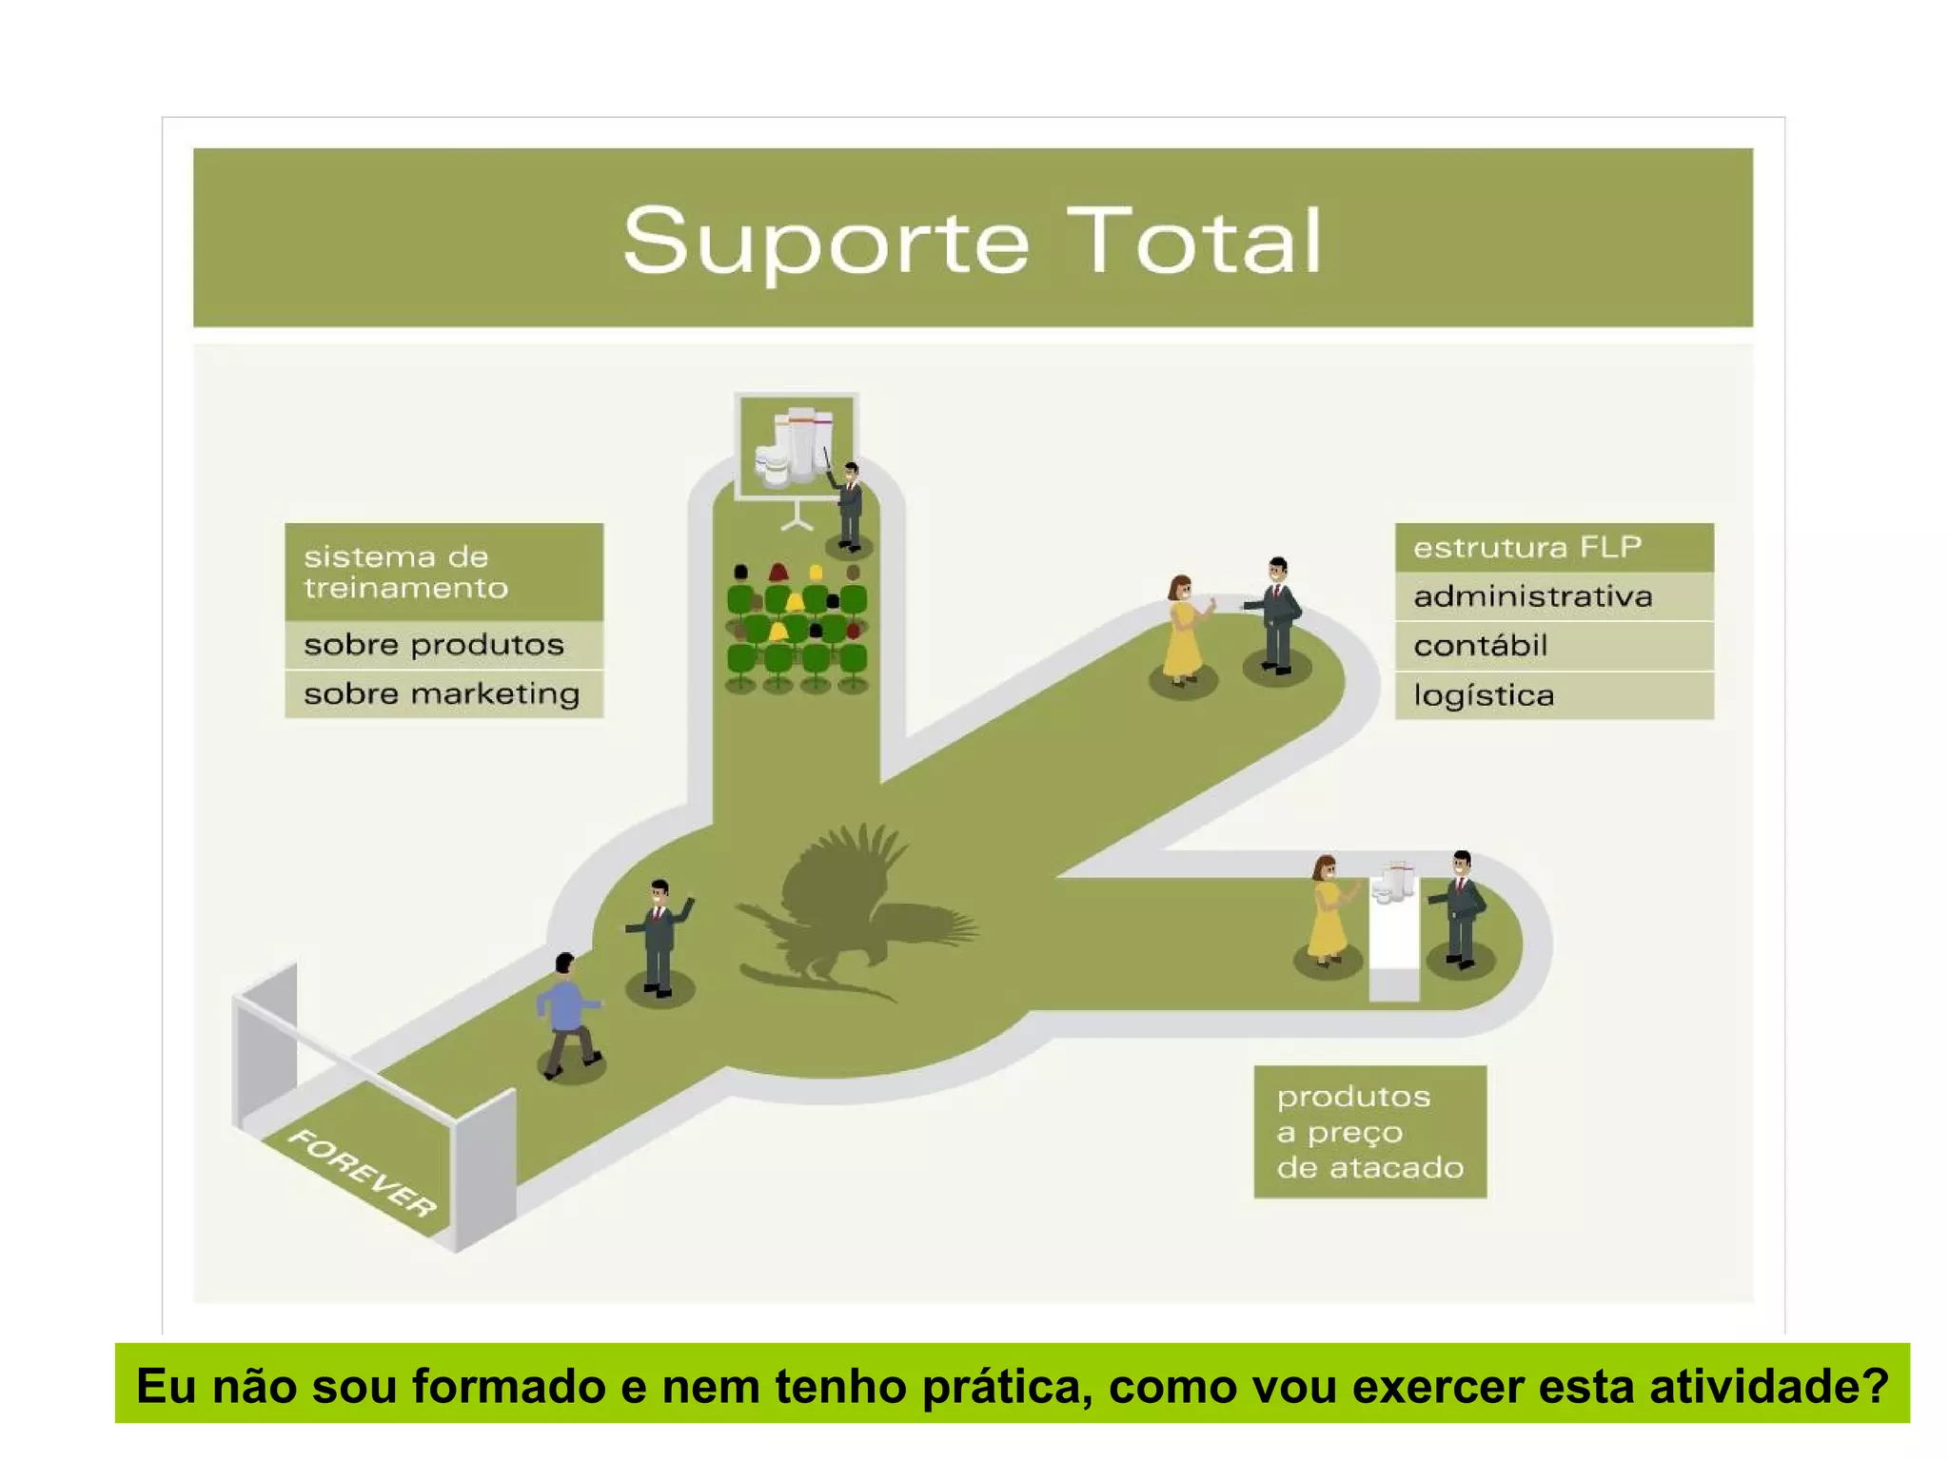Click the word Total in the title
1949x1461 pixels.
(x=1194, y=242)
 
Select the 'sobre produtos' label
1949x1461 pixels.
(x=434, y=645)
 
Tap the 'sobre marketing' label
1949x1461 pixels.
(x=442, y=693)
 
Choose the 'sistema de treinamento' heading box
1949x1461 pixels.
(x=443, y=572)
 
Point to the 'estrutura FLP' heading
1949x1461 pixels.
(x=1527, y=547)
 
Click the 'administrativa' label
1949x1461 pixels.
(x=1532, y=596)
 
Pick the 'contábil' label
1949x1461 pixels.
(x=1481, y=646)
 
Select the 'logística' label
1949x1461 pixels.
(x=1484, y=695)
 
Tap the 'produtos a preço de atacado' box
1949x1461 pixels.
(x=1369, y=1131)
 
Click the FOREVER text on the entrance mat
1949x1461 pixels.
(x=363, y=1173)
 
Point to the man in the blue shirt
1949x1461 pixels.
(x=568, y=1014)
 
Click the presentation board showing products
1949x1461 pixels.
(x=796, y=446)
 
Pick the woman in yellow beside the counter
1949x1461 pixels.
(x=1327, y=911)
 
